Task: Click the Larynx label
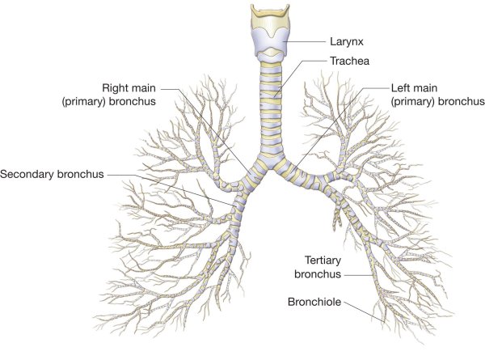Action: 347,42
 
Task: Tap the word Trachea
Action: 349,61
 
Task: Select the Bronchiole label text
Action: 314,302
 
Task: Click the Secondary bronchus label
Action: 52,174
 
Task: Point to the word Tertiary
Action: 323,260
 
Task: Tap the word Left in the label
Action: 400,88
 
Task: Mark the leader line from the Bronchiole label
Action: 365,312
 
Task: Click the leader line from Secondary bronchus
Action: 171,189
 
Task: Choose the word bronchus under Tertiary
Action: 318,274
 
